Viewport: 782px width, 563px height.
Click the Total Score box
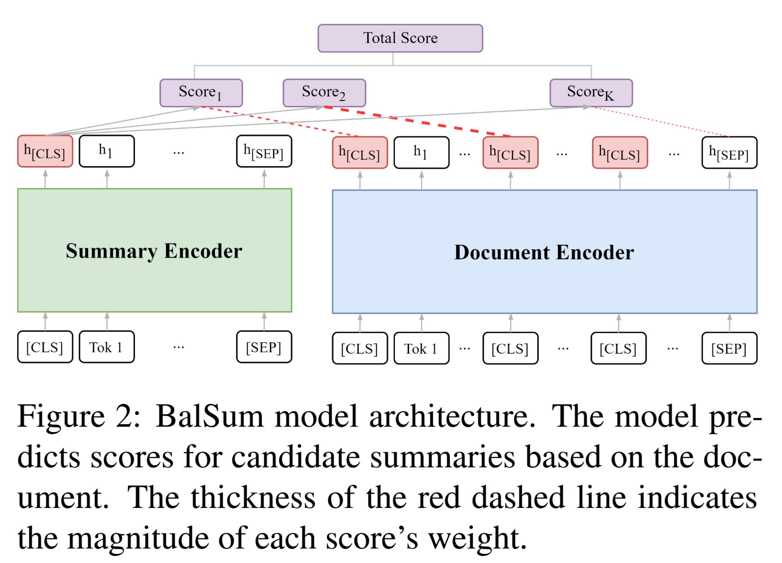click(x=400, y=38)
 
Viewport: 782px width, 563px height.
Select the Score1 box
click(x=201, y=93)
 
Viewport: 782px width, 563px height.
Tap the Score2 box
click(x=324, y=93)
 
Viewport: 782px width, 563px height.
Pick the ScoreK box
click(x=591, y=93)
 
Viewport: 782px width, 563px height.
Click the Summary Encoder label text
click(x=154, y=251)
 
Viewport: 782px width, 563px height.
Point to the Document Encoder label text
click(x=544, y=252)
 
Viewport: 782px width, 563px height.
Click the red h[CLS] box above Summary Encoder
click(x=45, y=151)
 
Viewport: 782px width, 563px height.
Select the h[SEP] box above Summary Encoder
click(x=264, y=151)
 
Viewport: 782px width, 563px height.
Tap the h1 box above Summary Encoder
click(x=106, y=151)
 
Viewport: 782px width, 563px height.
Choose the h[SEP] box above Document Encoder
click(x=729, y=153)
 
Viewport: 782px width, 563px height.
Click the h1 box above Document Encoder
click(x=421, y=153)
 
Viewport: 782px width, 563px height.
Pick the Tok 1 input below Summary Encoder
click(x=106, y=347)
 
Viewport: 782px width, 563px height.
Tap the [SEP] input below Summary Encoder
click(x=264, y=347)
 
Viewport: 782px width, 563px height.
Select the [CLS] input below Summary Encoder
click(x=45, y=347)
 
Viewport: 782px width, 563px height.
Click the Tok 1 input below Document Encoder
click(x=421, y=349)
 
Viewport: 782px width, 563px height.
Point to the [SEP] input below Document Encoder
click(x=729, y=349)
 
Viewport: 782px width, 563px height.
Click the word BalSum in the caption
click(x=209, y=416)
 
